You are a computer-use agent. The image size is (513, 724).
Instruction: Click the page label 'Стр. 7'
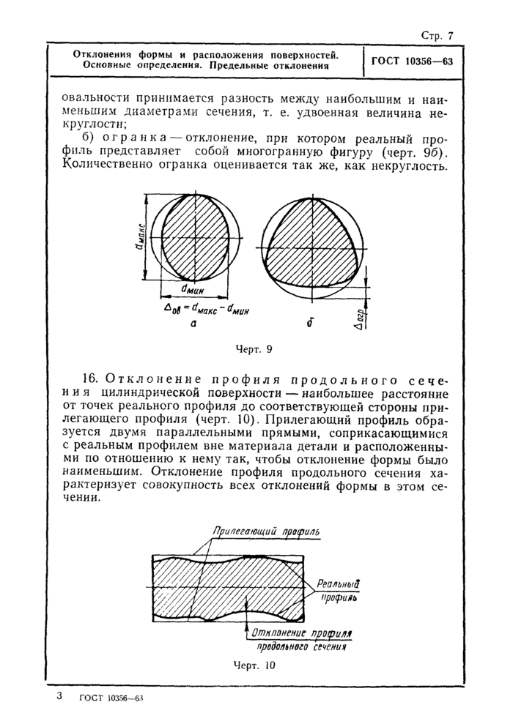[438, 34]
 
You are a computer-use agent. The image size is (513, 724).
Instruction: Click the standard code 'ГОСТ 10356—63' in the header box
[412, 61]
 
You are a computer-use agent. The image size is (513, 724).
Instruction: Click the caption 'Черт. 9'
[254, 350]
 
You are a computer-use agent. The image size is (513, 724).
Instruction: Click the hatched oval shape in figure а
[194, 234]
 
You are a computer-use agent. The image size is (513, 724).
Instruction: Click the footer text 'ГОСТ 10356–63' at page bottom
[111, 698]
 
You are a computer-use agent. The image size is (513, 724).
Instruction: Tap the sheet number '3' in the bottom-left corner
[59, 695]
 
